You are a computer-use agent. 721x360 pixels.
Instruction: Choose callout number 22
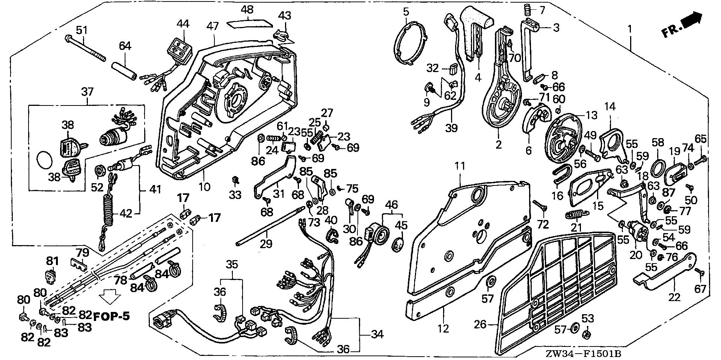click(675, 298)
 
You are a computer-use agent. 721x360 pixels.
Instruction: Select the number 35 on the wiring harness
click(232, 264)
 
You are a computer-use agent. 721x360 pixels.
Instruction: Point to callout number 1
click(630, 28)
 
